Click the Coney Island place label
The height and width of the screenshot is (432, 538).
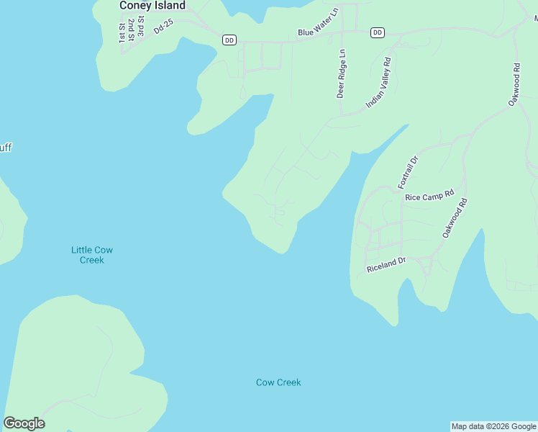pos(152,6)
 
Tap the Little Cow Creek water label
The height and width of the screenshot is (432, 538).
pos(91,255)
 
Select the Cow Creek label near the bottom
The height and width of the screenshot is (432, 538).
pos(278,382)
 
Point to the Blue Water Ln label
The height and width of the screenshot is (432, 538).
pos(318,32)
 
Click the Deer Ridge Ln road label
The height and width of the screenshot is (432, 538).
pos(342,73)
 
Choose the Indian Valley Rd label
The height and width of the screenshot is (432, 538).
pos(378,83)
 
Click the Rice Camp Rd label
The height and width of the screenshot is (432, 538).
pos(429,195)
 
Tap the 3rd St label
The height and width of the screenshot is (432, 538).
pos(142,28)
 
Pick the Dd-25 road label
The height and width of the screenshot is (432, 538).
pos(163,27)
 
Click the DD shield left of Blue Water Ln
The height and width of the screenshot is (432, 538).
pos(229,40)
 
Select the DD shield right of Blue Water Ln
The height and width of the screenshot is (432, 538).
pos(378,32)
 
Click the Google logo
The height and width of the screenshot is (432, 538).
pos(24,423)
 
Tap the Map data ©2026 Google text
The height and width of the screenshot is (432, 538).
pos(493,426)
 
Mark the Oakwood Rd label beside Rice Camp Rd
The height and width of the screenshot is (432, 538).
pos(455,218)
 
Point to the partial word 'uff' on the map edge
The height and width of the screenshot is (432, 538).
pos(5,148)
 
